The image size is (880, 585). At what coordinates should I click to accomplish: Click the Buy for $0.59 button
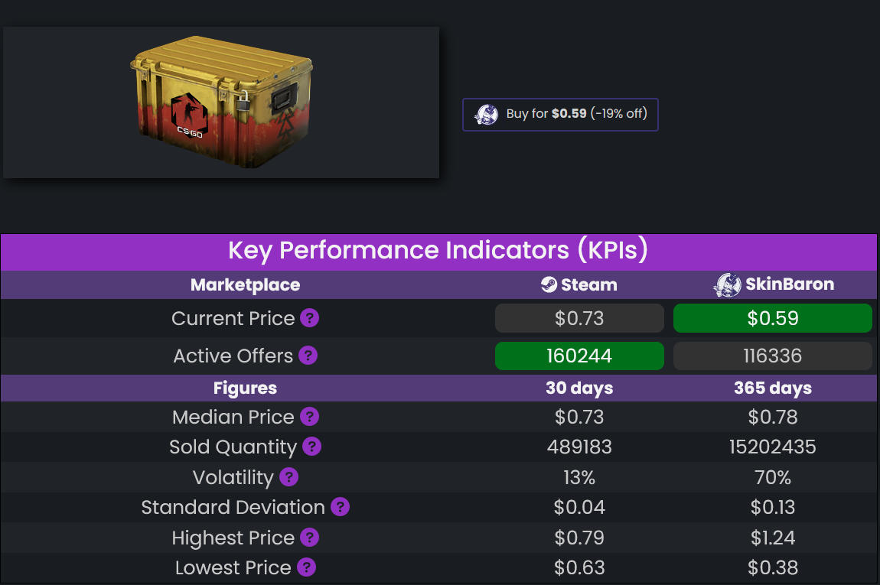click(x=560, y=115)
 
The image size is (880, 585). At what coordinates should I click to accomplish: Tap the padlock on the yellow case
click(x=243, y=99)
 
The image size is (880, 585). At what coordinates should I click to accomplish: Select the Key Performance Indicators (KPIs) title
click(x=438, y=251)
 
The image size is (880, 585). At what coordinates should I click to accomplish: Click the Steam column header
click(x=579, y=285)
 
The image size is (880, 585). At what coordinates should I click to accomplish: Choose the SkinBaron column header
click(x=773, y=285)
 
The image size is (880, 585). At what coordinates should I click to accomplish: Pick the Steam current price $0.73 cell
click(x=579, y=318)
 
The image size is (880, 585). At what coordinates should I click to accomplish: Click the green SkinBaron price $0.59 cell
click(x=773, y=318)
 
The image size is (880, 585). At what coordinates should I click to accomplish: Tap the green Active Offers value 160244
click(x=579, y=356)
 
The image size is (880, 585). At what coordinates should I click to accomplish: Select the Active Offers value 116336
click(x=773, y=356)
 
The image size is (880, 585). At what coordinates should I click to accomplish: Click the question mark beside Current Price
click(x=309, y=318)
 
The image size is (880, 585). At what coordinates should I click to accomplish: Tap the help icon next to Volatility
click(x=288, y=477)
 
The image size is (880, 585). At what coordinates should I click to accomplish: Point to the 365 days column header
click(x=773, y=388)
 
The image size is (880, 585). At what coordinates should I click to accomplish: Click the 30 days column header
click(x=579, y=388)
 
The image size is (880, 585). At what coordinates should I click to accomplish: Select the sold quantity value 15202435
click(x=773, y=447)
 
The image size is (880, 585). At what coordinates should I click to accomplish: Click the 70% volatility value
click(x=773, y=478)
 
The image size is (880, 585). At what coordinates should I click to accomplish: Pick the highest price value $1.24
click(x=773, y=538)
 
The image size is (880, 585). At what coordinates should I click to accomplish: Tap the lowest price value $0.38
click(x=773, y=568)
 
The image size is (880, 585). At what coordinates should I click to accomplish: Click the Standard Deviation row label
click(x=233, y=508)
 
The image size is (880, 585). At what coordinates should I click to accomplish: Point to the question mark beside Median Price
click(x=309, y=417)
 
